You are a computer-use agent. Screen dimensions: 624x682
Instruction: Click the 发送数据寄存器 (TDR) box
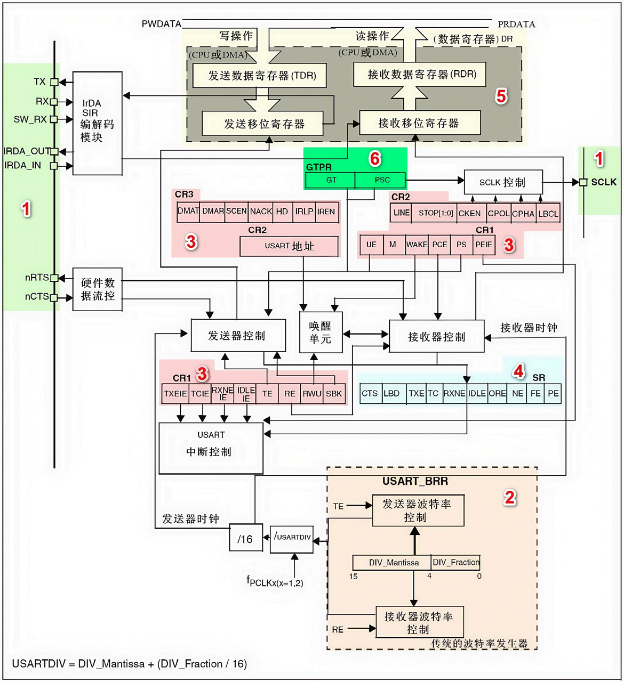pos(259,75)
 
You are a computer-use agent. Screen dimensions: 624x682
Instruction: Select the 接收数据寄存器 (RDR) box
pos(419,74)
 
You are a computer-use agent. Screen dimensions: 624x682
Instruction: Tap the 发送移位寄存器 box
pos(262,124)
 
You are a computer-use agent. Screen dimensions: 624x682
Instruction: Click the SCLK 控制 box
pos(503,182)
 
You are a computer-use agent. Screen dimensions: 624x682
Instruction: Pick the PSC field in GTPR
pos(380,180)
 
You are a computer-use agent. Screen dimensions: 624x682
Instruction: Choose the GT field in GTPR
pos(330,180)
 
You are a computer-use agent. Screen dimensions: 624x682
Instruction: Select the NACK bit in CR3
pos(260,212)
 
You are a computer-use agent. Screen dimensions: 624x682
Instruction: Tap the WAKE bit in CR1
pos(417,245)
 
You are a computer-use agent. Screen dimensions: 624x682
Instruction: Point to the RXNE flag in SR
pos(454,393)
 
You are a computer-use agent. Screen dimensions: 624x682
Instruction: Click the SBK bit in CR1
pos(334,394)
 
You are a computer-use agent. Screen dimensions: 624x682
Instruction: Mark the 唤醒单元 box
pos(321,332)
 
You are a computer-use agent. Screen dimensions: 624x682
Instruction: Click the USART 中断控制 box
pos(211,448)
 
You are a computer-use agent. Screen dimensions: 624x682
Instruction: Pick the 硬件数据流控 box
pos(98,289)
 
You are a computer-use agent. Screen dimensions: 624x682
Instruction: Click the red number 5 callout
pos(501,96)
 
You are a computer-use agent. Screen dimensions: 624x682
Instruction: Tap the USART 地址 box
pos(289,246)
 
